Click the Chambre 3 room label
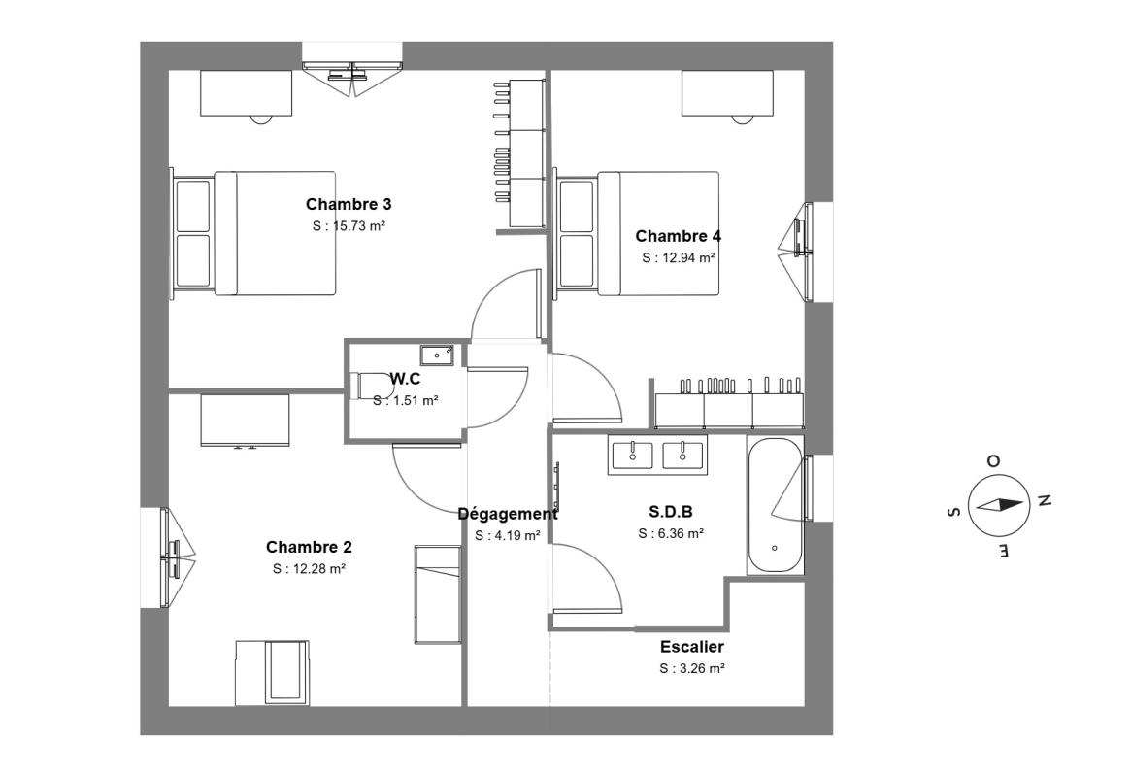(349, 204)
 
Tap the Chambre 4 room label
(678, 236)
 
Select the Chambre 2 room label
(309, 547)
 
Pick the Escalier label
(692, 647)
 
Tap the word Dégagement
(508, 515)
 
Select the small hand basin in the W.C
(437, 355)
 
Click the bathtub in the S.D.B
(775, 505)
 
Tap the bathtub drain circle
(775, 549)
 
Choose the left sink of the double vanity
(633, 456)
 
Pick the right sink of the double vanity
(682, 456)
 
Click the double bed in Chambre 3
(254, 233)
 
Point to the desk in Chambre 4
(728, 93)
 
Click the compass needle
(998, 505)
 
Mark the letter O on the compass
(993, 461)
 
